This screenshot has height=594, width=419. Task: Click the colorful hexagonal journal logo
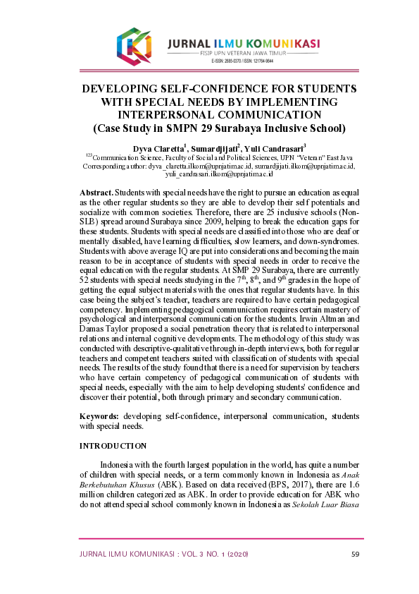click(x=135, y=45)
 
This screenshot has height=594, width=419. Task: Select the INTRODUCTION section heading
click(x=113, y=446)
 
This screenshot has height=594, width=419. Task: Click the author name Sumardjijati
click(x=215, y=148)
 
